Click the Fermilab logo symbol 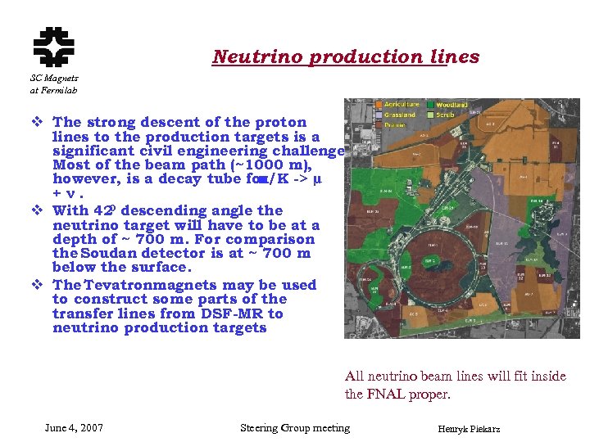click(x=53, y=47)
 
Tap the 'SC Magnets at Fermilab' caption click(x=55, y=83)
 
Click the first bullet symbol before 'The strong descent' click(x=37, y=123)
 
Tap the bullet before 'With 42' click(x=37, y=210)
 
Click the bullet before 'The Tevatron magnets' click(x=37, y=285)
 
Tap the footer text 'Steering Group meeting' click(x=294, y=428)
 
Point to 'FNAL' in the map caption click(x=388, y=395)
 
